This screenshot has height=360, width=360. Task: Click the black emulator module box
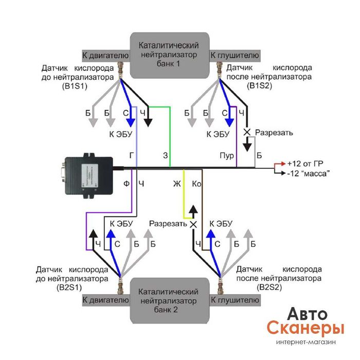click(x=88, y=172)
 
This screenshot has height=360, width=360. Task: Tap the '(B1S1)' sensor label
click(x=74, y=87)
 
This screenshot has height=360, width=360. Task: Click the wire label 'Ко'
click(x=196, y=184)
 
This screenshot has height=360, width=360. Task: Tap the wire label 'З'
click(x=165, y=155)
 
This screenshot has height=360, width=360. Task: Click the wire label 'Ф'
click(x=127, y=184)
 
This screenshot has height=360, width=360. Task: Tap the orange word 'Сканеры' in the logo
click(x=305, y=328)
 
